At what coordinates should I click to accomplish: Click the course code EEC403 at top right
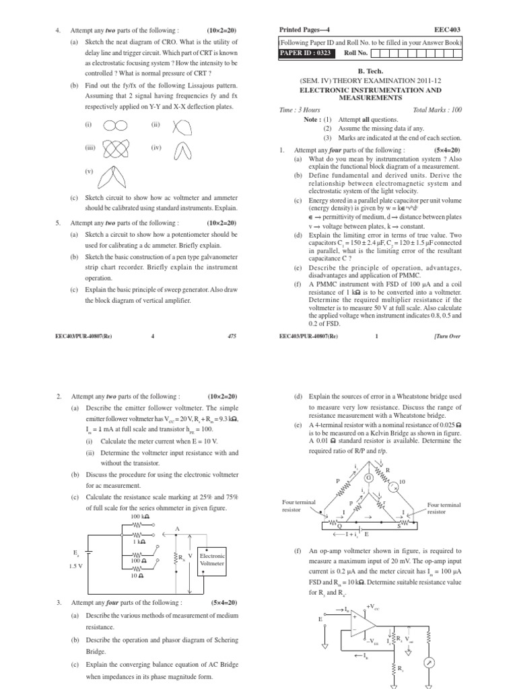449,30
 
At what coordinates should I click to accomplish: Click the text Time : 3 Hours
300,109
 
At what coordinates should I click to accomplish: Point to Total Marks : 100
438,109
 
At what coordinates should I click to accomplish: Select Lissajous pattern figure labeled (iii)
115,149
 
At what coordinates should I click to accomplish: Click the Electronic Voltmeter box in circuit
213,560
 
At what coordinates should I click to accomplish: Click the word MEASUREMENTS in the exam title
370,98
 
